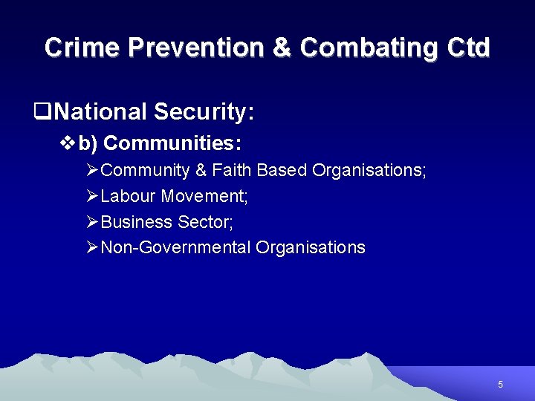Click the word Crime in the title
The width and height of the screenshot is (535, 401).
pyautogui.click(x=82, y=48)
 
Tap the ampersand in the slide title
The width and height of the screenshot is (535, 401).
pyautogui.click(x=282, y=48)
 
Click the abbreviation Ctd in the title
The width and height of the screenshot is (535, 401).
pyautogui.click(x=469, y=48)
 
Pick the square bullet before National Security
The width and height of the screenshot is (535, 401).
pyautogui.click(x=42, y=113)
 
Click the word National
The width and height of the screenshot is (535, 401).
pyautogui.click(x=100, y=112)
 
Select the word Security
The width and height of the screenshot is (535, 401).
pyautogui.click(x=204, y=113)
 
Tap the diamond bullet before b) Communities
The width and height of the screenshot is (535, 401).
pyautogui.click(x=66, y=142)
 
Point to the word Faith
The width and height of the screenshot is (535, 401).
pyautogui.click(x=232, y=170)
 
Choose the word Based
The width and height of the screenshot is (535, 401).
pyautogui.click(x=282, y=170)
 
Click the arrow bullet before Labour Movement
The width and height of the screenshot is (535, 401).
pyautogui.click(x=92, y=197)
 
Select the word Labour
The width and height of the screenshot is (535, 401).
pyautogui.click(x=127, y=197)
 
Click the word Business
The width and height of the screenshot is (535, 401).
pyautogui.click(x=137, y=222)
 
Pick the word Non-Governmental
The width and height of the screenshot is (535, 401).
pyautogui.click(x=175, y=247)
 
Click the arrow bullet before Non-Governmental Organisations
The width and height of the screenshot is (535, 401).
pyautogui.click(x=92, y=247)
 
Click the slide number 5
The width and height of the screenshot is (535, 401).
pyautogui.click(x=500, y=385)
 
